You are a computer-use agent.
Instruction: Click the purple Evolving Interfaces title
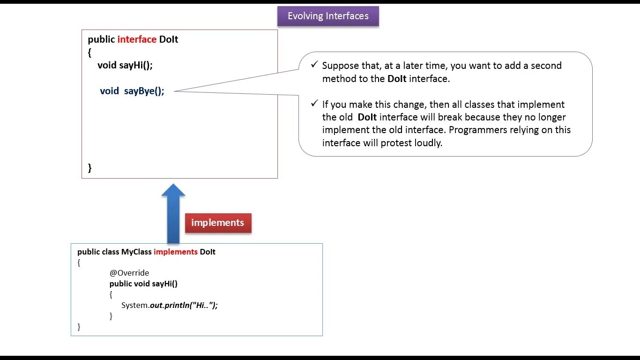pos(328,16)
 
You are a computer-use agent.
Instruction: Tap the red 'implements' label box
pos(218,223)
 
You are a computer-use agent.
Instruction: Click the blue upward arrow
pos(173,213)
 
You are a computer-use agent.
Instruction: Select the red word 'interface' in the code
pos(137,39)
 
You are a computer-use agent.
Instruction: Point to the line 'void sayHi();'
pos(125,65)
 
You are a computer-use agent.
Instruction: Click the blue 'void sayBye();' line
pos(132,91)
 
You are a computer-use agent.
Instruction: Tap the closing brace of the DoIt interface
pos(90,168)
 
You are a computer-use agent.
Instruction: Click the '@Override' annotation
pos(129,273)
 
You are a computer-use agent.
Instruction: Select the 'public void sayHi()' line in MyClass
pos(143,284)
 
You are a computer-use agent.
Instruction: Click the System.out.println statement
pos(170,305)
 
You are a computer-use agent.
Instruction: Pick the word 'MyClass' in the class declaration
pos(136,252)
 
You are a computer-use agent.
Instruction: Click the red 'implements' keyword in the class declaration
pos(176,252)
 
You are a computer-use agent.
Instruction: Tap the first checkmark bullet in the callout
pos(314,65)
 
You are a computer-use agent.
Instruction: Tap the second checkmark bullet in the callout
pos(314,104)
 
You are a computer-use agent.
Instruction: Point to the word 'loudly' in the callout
pos(428,143)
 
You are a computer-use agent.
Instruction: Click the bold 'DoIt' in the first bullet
pos(397,79)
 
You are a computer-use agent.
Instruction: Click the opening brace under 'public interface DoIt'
pos(89,52)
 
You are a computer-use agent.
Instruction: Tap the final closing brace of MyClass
pos(79,327)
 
